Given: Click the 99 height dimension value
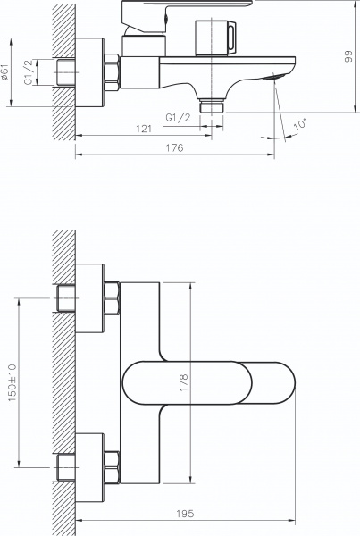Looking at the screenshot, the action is [348, 56].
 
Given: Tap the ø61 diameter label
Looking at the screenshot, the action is [4, 72].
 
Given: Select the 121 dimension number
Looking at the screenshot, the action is [144, 129].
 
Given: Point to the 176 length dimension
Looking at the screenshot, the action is [175, 147].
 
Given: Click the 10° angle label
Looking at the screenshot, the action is [300, 123].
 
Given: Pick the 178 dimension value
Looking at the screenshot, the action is [184, 382].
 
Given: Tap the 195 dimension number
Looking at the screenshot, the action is [185, 514].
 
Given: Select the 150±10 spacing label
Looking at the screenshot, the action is [13, 382].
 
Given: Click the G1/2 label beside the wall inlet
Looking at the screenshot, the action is [29, 72].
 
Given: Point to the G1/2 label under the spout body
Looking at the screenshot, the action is [178, 118].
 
